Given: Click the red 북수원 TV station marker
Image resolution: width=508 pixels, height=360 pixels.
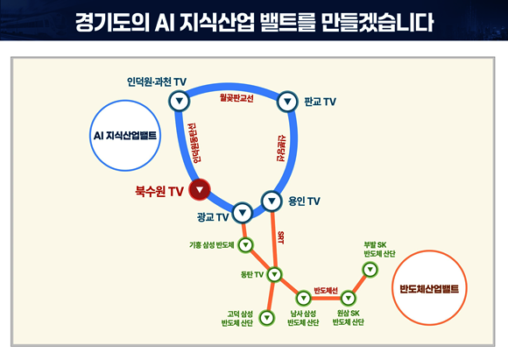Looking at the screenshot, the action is click(200, 189).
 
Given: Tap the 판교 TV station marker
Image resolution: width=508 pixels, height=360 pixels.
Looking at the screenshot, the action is click(287, 102).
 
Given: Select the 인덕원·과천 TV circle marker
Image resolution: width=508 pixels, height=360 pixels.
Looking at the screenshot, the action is click(180, 101).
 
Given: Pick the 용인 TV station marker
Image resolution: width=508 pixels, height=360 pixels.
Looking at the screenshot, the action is click(272, 201).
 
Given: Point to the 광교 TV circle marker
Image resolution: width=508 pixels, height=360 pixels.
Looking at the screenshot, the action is click(243, 213).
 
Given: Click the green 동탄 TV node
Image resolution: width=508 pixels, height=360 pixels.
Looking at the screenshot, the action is click(274, 274).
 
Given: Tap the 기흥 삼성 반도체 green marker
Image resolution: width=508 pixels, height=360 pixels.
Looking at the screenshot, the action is click(245, 244).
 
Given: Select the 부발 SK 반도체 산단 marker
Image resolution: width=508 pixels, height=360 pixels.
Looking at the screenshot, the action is click(370, 270).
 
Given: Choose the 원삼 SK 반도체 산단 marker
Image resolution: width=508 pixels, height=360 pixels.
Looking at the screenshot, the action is click(349, 298).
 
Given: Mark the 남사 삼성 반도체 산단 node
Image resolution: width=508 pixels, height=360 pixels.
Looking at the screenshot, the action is click(304, 298).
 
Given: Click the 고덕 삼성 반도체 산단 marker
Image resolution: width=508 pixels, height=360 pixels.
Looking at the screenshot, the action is click(267, 318).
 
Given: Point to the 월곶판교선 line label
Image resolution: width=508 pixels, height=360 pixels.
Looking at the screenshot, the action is click(236, 98).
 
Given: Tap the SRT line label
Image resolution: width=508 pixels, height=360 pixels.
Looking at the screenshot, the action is click(280, 237).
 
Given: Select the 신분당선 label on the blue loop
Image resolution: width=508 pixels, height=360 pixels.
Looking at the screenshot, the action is click(281, 148).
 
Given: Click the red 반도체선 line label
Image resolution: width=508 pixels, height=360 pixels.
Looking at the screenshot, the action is click(326, 290).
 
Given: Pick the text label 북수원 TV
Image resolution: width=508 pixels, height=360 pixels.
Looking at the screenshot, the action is click(159, 191).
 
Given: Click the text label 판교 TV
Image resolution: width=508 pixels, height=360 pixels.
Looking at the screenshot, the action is click(320, 102).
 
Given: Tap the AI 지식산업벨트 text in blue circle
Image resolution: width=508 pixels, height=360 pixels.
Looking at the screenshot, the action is click(125, 136).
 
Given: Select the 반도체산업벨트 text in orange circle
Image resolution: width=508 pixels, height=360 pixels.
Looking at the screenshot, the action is click(429, 289).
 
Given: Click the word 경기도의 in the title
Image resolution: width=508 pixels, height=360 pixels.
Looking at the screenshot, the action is click(112, 23).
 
